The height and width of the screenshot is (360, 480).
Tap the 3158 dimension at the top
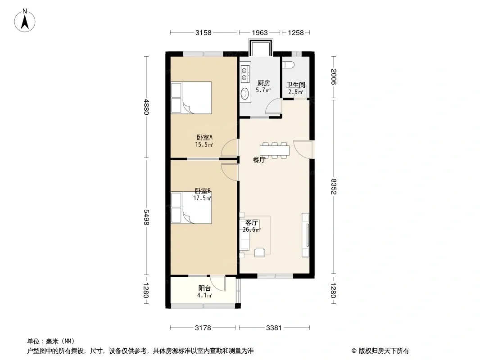203,33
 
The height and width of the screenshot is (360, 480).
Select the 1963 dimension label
260,33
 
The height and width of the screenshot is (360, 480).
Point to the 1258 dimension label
296,33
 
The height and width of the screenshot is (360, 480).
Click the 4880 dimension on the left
147,107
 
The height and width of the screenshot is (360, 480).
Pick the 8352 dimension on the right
334,186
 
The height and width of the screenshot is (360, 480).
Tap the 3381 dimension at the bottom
274,328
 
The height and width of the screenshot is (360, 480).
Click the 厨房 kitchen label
263,83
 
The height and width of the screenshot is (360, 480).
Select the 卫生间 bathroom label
296,85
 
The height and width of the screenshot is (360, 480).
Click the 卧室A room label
204,137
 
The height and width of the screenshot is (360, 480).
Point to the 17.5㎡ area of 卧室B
202,198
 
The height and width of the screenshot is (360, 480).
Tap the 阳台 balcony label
204,288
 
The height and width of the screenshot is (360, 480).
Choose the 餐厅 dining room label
259,160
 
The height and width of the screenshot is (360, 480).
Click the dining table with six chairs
275,150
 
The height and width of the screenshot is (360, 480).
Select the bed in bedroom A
191,98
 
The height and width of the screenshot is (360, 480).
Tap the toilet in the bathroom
289,65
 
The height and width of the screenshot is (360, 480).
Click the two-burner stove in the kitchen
245,74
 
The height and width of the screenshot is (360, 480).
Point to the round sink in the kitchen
245,93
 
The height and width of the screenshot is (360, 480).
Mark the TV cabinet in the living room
305,235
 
